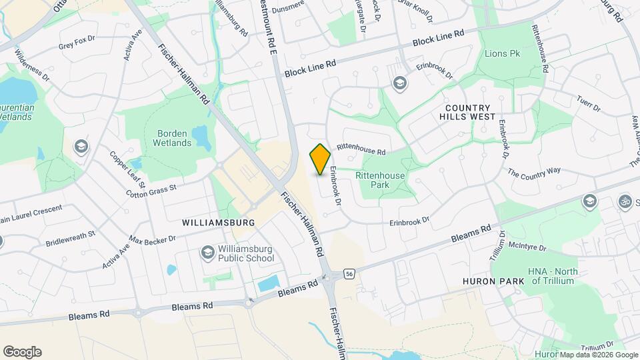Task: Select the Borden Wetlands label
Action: click(171, 138)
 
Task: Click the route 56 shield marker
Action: click(349, 273)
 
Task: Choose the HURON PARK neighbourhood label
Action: click(493, 281)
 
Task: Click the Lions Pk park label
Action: click(502, 53)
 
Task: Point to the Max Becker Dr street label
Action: click(152, 239)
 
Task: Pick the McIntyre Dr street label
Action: click(527, 248)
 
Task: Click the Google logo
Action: click(22, 352)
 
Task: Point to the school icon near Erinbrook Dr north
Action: click(399, 83)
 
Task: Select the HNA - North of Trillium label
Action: click(553, 276)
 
